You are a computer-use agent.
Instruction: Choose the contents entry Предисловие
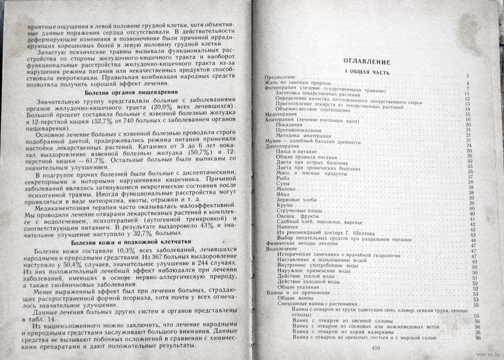click(x=279, y=77)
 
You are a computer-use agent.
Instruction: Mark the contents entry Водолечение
click(x=280, y=251)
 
